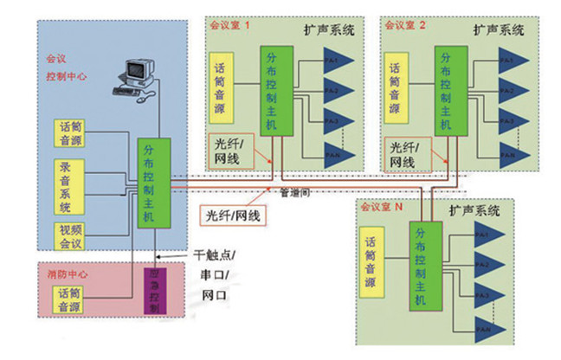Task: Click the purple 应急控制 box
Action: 152,292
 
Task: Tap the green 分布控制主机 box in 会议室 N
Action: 422,269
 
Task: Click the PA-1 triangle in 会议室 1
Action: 338,61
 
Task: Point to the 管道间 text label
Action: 292,196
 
